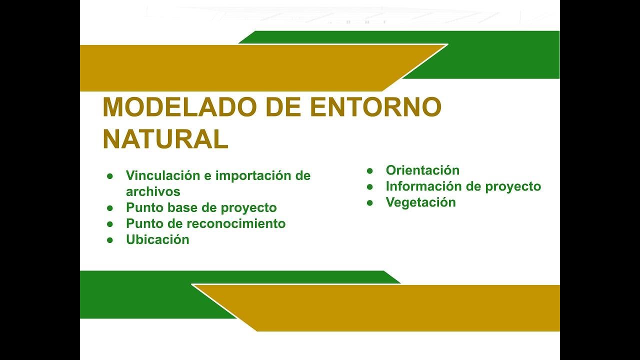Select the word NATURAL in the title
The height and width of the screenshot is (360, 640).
pyautogui.click(x=165, y=139)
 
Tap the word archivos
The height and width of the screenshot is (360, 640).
pyautogui.click(x=153, y=191)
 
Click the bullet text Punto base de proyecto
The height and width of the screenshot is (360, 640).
pyautogui.click(x=201, y=207)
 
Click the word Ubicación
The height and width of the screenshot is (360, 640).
pyautogui.click(x=157, y=239)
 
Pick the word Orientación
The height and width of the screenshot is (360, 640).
pyautogui.click(x=422, y=170)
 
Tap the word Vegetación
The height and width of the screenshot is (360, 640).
pyautogui.click(x=420, y=202)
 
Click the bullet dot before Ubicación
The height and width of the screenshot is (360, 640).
pyautogui.click(x=110, y=240)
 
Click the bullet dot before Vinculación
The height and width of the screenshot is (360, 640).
pyautogui.click(x=110, y=176)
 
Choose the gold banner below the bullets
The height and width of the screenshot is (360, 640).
pyautogui.click(x=400, y=308)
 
